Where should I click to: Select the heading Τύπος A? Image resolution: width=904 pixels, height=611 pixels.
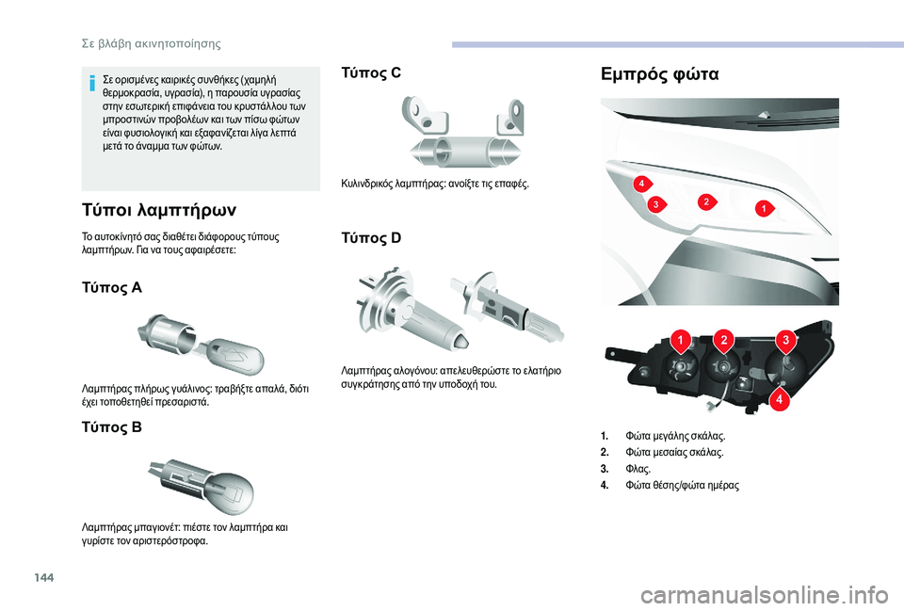pyautogui.click(x=107, y=287)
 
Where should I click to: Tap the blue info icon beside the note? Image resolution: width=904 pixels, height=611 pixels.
pyautogui.click(x=91, y=84)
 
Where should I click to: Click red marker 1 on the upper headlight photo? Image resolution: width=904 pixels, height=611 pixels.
pyautogui.click(x=764, y=206)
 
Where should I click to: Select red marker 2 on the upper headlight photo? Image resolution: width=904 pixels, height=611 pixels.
pyautogui.click(x=704, y=201)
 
